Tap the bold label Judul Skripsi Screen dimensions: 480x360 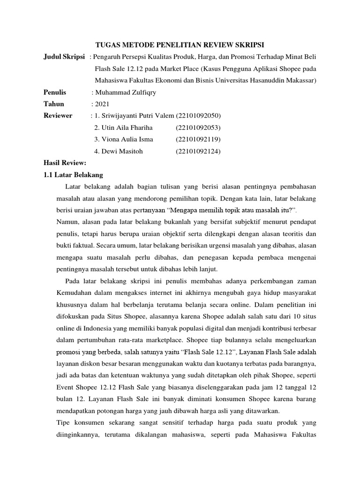[64, 57]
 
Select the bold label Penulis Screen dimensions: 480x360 [55, 92]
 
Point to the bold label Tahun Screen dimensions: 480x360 [53, 104]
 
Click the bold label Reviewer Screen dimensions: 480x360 [58, 115]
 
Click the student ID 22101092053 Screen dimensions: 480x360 [198, 127]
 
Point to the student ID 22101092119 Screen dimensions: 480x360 [198, 139]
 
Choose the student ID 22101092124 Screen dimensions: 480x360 [198, 151]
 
